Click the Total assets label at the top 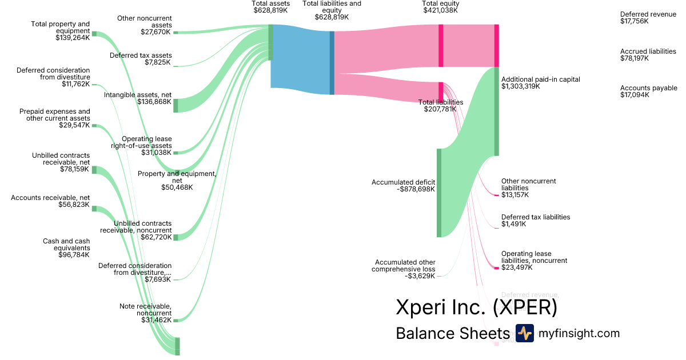click(x=270, y=3)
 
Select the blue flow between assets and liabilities click(x=300, y=57)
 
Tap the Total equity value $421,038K click(x=440, y=10)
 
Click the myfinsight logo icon click(x=524, y=333)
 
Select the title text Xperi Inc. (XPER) click(x=476, y=307)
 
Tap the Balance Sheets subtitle click(x=452, y=334)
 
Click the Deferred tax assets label click(x=141, y=55)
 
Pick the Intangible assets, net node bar click(x=176, y=105)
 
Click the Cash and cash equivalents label click(x=66, y=245)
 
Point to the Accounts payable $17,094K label click(x=648, y=91)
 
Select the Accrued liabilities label click(x=648, y=51)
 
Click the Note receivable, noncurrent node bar click(x=176, y=320)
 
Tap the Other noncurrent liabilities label click(x=528, y=185)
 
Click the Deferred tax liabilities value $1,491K click(x=513, y=224)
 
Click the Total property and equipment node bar click(x=94, y=34)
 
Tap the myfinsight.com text click(x=579, y=334)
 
